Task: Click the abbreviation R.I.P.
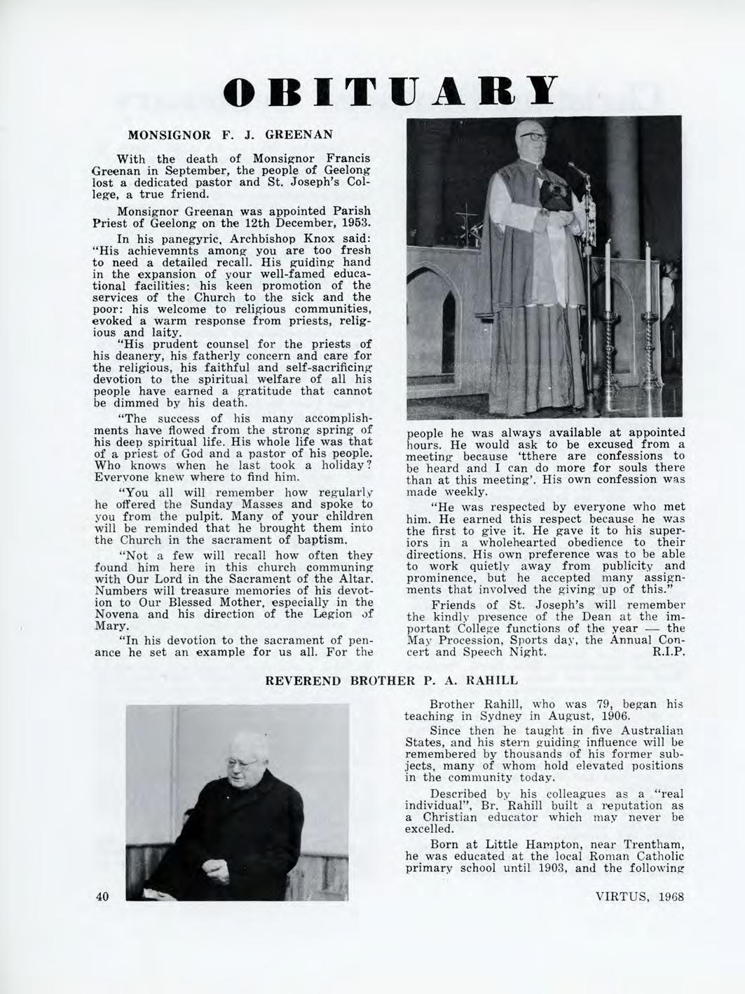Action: pos(667,652)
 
